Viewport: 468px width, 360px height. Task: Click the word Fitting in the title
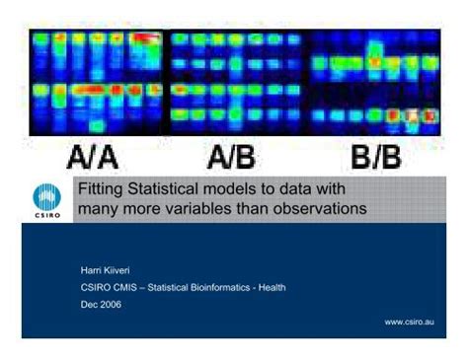pyautogui.click(x=100, y=189)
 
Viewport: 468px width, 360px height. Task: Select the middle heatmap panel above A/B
pyautogui.click(x=236, y=81)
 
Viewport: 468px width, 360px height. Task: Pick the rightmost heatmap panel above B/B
pyautogui.click(x=374, y=81)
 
